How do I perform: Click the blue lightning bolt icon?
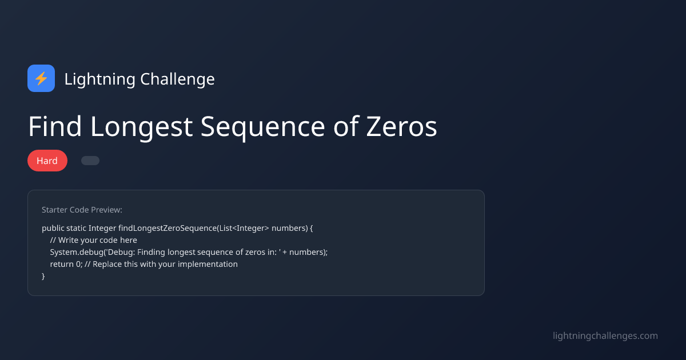point(41,78)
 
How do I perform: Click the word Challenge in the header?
point(178,79)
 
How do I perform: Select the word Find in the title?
point(55,126)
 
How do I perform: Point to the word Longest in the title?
point(141,126)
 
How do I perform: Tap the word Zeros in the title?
point(401,126)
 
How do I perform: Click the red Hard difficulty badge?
point(47,161)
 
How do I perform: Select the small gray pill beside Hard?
point(90,161)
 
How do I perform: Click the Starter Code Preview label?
point(82,210)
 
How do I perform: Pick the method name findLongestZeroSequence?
point(167,228)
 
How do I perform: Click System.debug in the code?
point(76,252)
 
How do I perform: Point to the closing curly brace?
point(43,276)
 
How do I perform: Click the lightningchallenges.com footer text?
point(605,335)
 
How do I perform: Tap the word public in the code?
point(53,228)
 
